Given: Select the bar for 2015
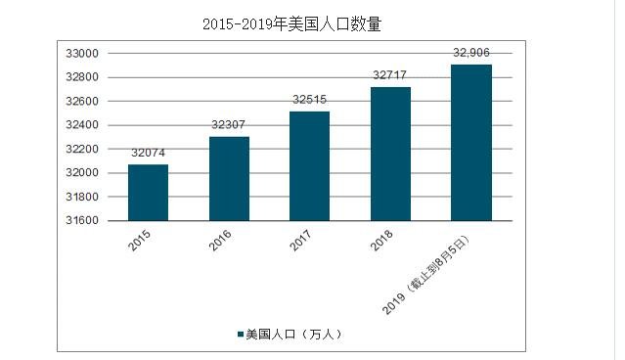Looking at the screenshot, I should (x=148, y=193).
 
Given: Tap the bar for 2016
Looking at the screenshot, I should (x=229, y=179).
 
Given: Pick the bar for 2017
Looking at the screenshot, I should (x=309, y=166).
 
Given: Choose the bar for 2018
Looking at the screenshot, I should (x=390, y=155).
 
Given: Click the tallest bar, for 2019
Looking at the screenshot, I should (x=470, y=143).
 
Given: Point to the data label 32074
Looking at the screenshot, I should (x=148, y=154).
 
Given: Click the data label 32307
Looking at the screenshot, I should (x=229, y=125).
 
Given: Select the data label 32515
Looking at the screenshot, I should (x=309, y=101).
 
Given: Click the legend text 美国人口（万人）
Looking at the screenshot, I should (x=293, y=334).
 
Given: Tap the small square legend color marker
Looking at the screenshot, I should (x=239, y=335).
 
